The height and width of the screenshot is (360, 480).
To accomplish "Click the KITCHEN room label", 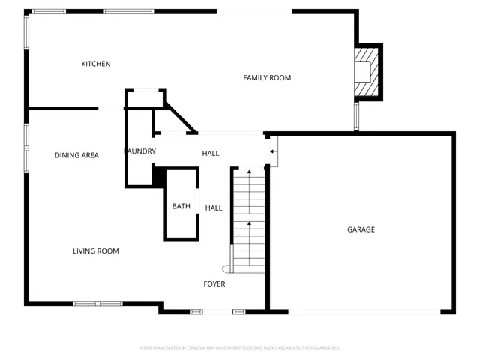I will click(x=96, y=64).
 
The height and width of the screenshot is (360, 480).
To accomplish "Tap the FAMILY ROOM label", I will click(x=267, y=78).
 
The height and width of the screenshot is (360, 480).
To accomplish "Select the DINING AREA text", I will click(x=76, y=155).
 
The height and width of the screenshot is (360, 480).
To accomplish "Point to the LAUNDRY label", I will click(x=140, y=151).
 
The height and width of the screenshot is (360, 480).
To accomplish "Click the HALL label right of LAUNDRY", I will click(x=211, y=153).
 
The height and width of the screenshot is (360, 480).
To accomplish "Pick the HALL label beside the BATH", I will click(x=214, y=208).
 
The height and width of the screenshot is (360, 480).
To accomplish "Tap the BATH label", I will click(x=181, y=206).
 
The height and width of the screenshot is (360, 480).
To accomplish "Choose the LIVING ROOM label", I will click(x=96, y=250).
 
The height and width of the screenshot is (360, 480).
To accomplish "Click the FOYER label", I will click(x=214, y=283).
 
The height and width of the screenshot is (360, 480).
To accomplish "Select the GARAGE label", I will click(x=361, y=229).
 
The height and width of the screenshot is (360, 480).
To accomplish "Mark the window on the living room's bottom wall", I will click(x=97, y=304).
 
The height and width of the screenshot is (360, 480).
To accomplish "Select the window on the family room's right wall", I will click(x=357, y=116).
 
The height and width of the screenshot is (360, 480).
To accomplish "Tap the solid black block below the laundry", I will click(x=158, y=176).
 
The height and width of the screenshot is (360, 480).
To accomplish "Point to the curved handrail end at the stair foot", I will click(x=226, y=268).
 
